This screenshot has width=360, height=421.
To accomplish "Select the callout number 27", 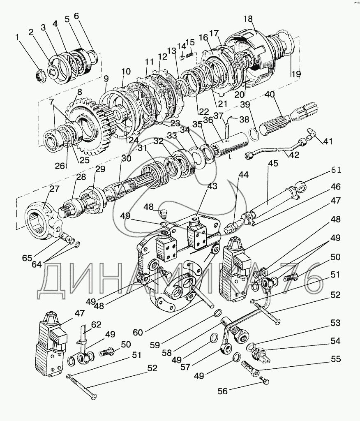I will pos(54,189).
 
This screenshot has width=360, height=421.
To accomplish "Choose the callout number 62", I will pos(96,324).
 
